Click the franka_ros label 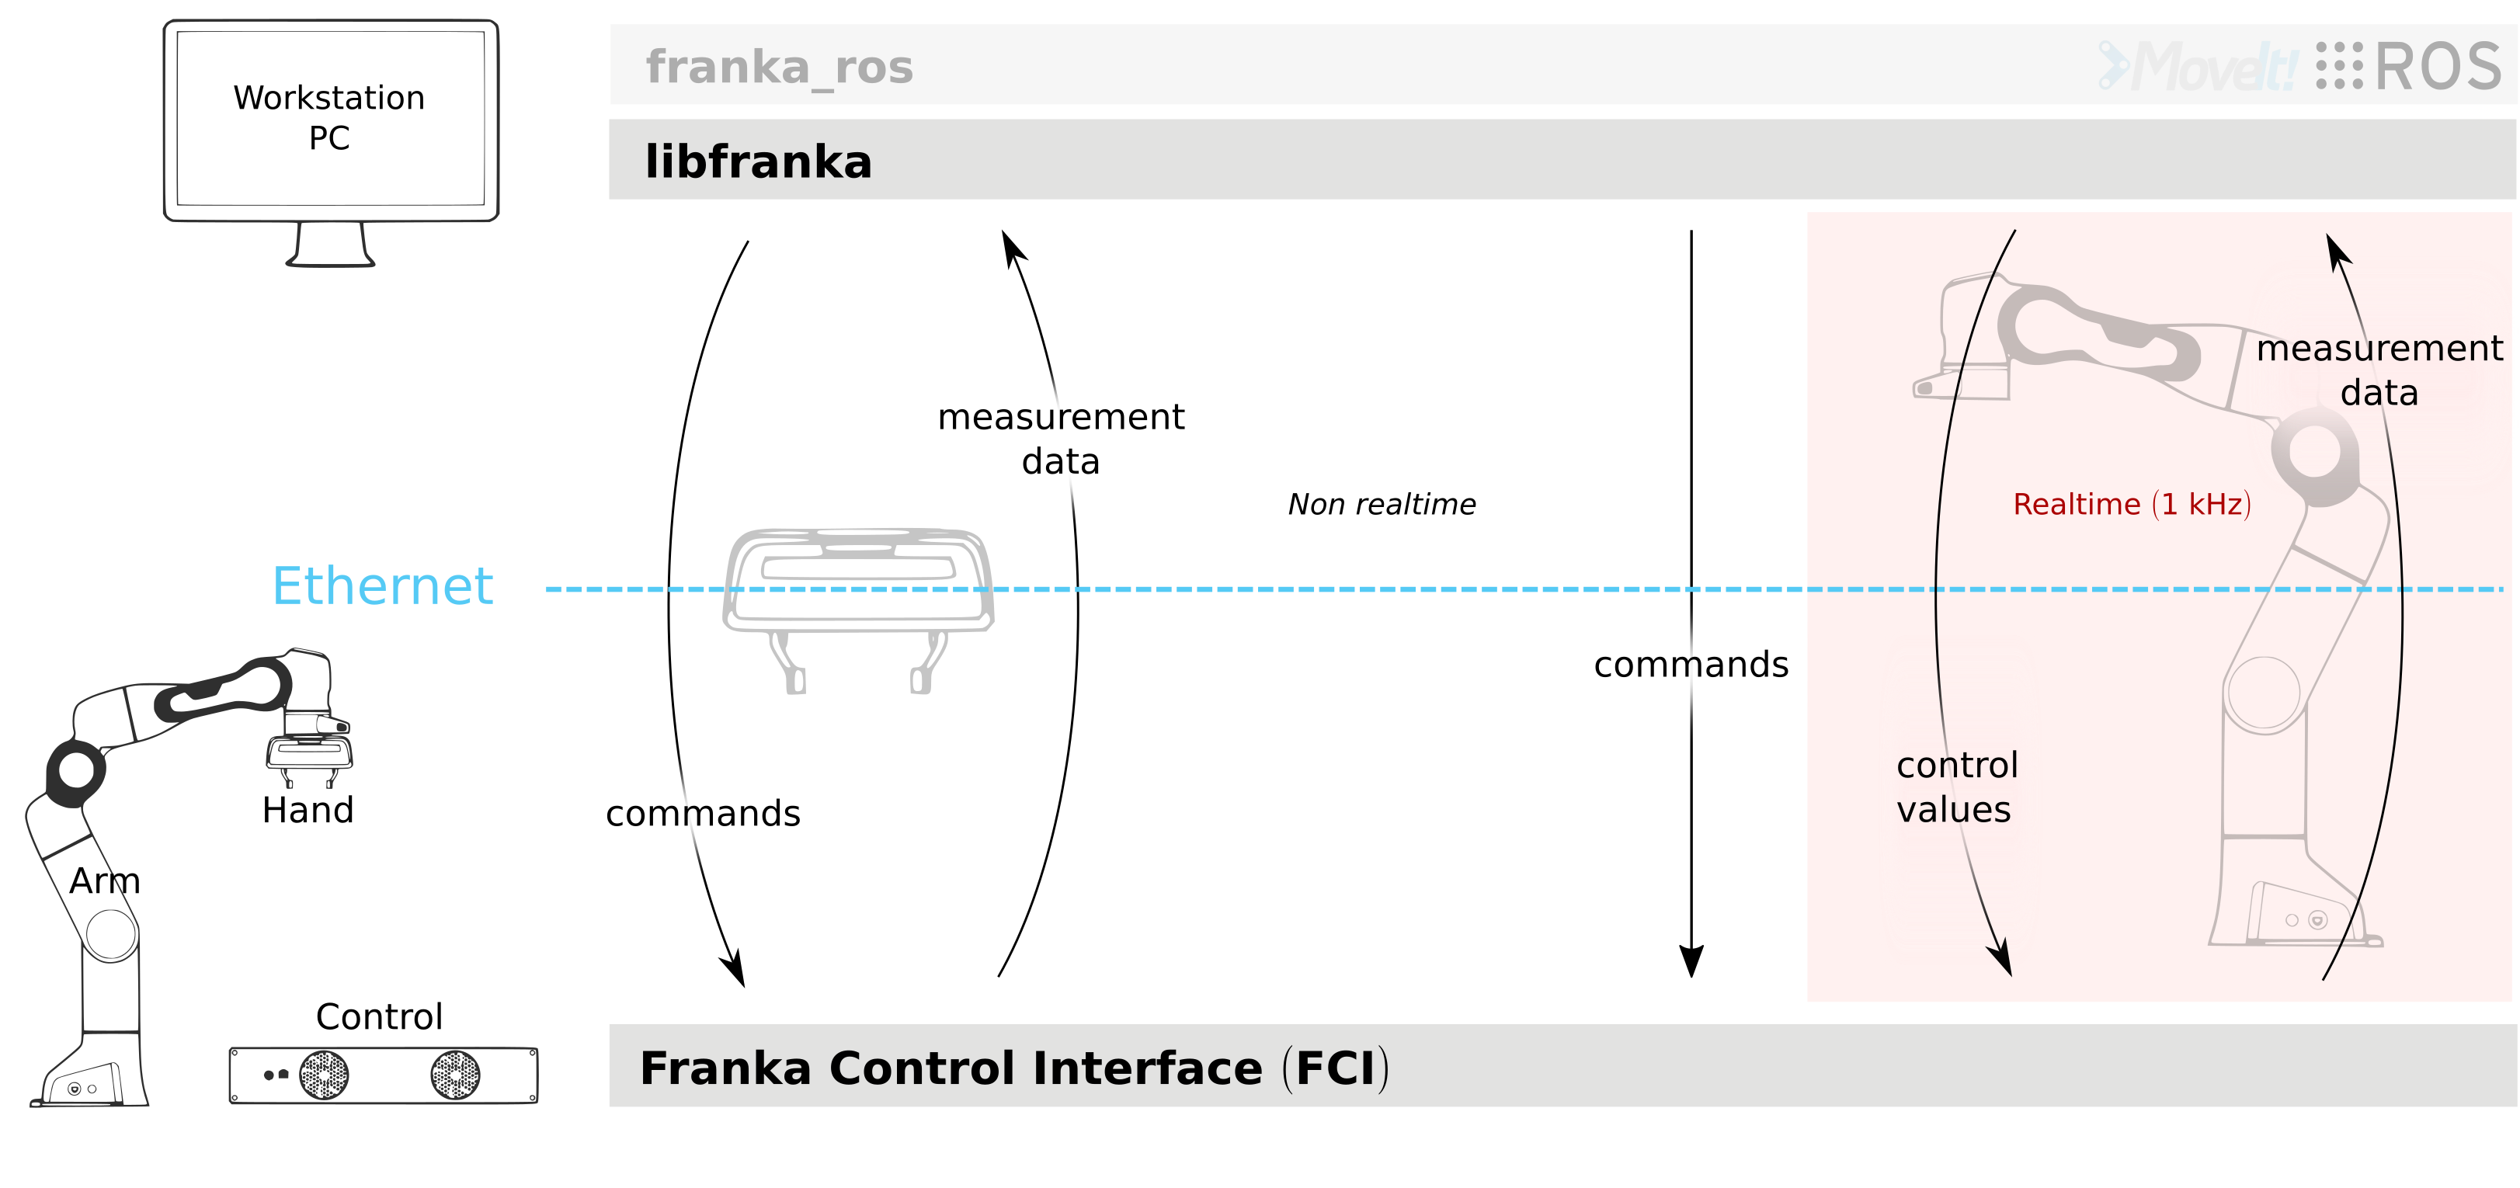(779, 68)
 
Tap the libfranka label (758, 162)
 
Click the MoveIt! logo (2196, 68)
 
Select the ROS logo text (2436, 68)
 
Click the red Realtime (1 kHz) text (2132, 505)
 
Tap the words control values (1955, 787)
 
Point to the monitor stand (331, 245)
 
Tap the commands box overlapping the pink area (1681, 670)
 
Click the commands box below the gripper (739, 814)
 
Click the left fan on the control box (324, 1075)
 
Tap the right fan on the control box (456, 1075)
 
